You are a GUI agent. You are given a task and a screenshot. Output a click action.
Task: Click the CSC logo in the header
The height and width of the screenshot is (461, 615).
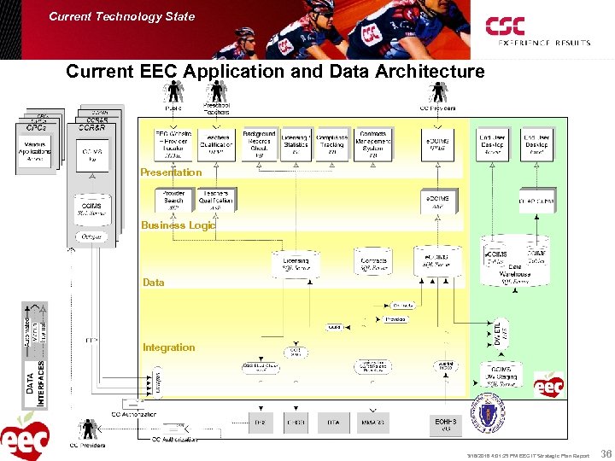click(506, 27)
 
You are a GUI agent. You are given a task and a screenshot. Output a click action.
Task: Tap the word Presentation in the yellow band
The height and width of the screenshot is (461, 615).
click(171, 172)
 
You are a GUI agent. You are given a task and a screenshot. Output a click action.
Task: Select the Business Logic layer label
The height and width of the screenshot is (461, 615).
click(179, 225)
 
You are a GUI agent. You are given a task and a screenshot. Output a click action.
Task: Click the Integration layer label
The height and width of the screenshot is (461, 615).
click(168, 347)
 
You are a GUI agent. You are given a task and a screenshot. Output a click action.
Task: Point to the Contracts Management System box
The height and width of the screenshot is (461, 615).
click(373, 145)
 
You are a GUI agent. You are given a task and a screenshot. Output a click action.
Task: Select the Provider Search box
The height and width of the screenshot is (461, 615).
click(174, 200)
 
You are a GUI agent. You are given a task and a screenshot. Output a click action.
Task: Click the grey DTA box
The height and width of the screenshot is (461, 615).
click(332, 423)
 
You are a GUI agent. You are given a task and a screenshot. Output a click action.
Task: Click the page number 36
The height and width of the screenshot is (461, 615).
click(606, 454)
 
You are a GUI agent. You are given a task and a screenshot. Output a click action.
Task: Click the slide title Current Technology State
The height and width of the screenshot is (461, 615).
click(121, 16)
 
